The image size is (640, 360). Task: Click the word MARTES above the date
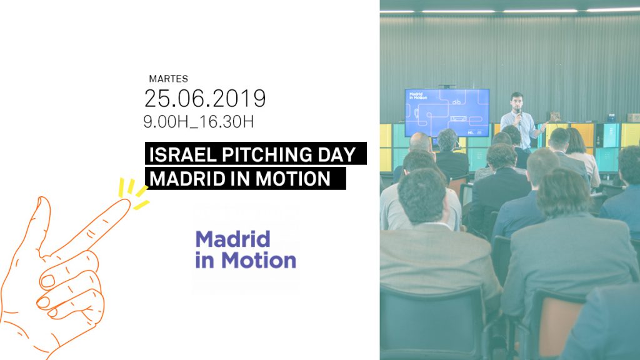168,79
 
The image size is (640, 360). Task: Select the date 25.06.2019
205,98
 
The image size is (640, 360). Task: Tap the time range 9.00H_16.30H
198,122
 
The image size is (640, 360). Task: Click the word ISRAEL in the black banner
182,155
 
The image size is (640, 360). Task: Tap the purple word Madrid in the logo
232,239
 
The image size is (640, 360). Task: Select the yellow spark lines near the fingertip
133,194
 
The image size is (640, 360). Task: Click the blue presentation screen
447,112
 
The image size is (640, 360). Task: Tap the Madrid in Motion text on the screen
418,96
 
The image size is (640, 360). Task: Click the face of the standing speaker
516,101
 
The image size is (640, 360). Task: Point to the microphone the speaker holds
518,114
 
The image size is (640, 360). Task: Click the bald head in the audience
420,142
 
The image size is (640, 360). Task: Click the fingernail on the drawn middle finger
47,281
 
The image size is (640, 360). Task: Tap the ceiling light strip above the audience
509,11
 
